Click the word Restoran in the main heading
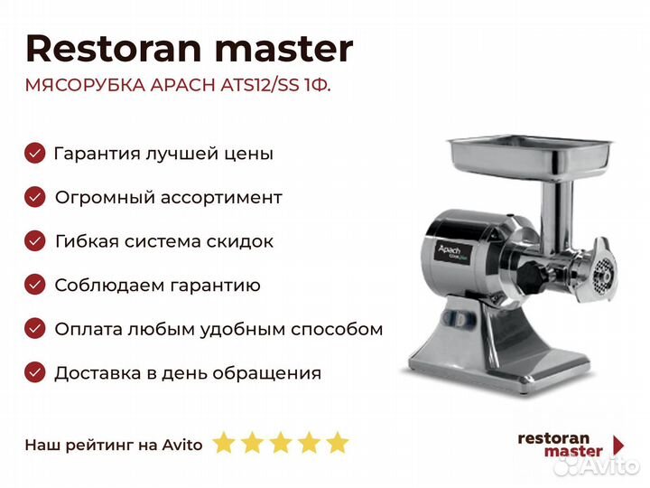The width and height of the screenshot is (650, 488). [x=114, y=49]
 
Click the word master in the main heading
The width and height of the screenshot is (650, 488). [x=284, y=50]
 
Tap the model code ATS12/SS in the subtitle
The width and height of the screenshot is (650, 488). [x=260, y=85]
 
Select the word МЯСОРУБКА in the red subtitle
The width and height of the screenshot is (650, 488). [x=86, y=85]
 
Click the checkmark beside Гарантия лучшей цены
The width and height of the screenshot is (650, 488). [x=35, y=153]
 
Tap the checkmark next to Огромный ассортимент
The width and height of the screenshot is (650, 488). [x=35, y=197]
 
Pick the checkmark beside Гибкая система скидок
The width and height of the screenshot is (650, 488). [x=35, y=241]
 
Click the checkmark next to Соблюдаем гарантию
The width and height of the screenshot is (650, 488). [x=35, y=285]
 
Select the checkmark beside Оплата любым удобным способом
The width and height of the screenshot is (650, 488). [x=35, y=329]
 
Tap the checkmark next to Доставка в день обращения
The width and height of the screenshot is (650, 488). [x=35, y=372]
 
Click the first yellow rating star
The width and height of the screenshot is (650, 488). [x=224, y=442]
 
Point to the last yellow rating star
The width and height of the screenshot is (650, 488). [x=338, y=442]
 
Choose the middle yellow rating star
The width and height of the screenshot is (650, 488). [x=281, y=442]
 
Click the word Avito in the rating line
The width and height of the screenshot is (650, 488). [x=182, y=445]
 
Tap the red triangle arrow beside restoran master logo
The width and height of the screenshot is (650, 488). [x=618, y=446]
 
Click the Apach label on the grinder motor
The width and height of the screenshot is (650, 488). [x=450, y=250]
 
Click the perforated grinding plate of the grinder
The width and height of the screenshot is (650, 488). [x=601, y=275]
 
